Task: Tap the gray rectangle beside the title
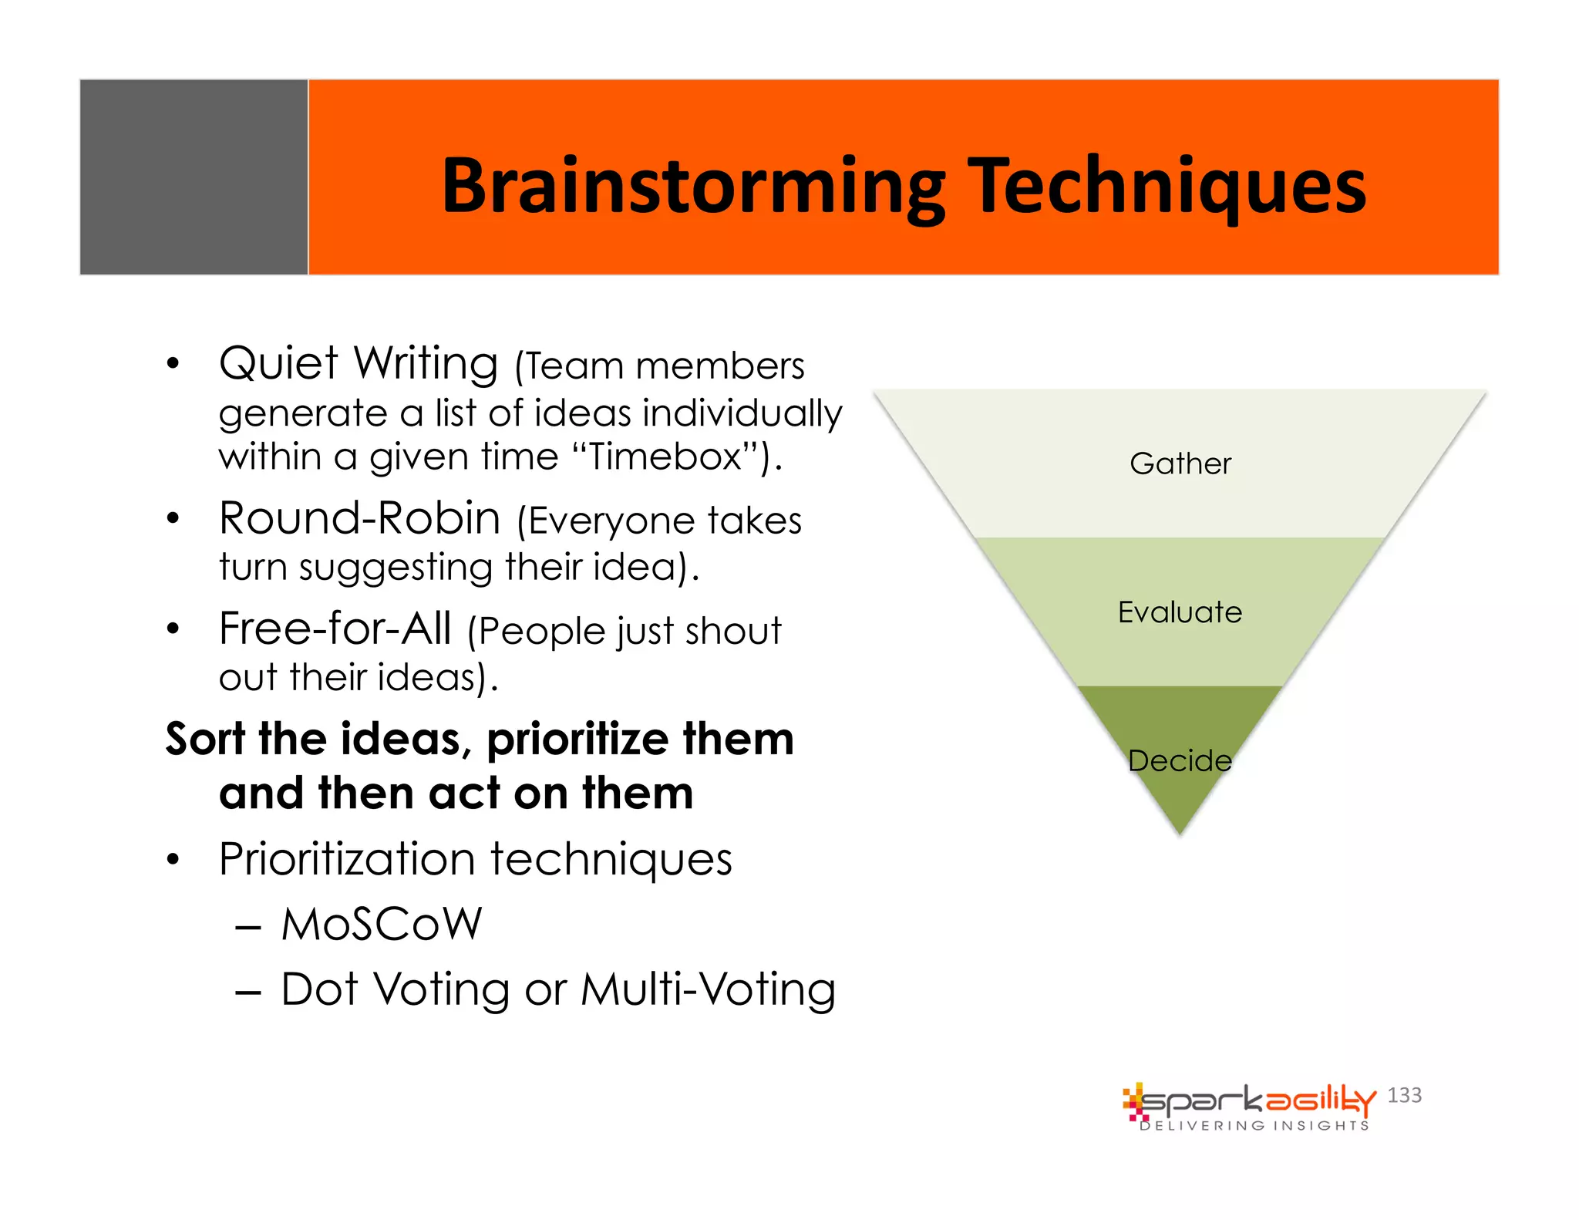click(194, 177)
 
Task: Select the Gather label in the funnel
click(1180, 463)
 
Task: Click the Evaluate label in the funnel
click(1180, 612)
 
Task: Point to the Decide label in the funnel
click(1180, 761)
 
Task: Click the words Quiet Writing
click(359, 363)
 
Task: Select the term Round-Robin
click(360, 518)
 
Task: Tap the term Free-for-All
click(335, 629)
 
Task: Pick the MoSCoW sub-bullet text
click(382, 924)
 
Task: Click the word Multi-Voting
click(708, 989)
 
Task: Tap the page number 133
click(1404, 1095)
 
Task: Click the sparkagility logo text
click(1257, 1100)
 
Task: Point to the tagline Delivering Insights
click(1254, 1126)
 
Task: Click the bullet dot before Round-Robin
click(173, 518)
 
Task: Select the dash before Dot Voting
click(248, 991)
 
